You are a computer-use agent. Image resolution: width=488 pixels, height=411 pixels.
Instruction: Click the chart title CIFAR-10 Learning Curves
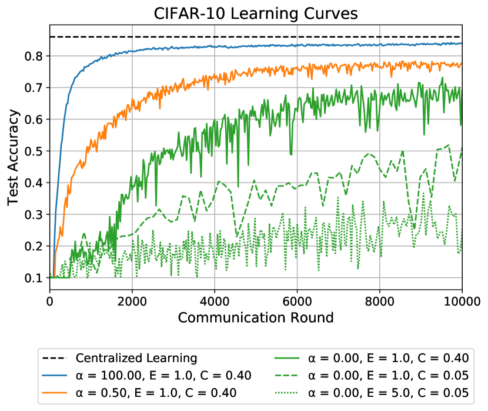click(x=256, y=14)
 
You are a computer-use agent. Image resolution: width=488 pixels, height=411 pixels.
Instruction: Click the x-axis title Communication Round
click(x=256, y=318)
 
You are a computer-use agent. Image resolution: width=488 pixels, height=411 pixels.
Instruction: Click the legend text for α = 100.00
click(x=164, y=376)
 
